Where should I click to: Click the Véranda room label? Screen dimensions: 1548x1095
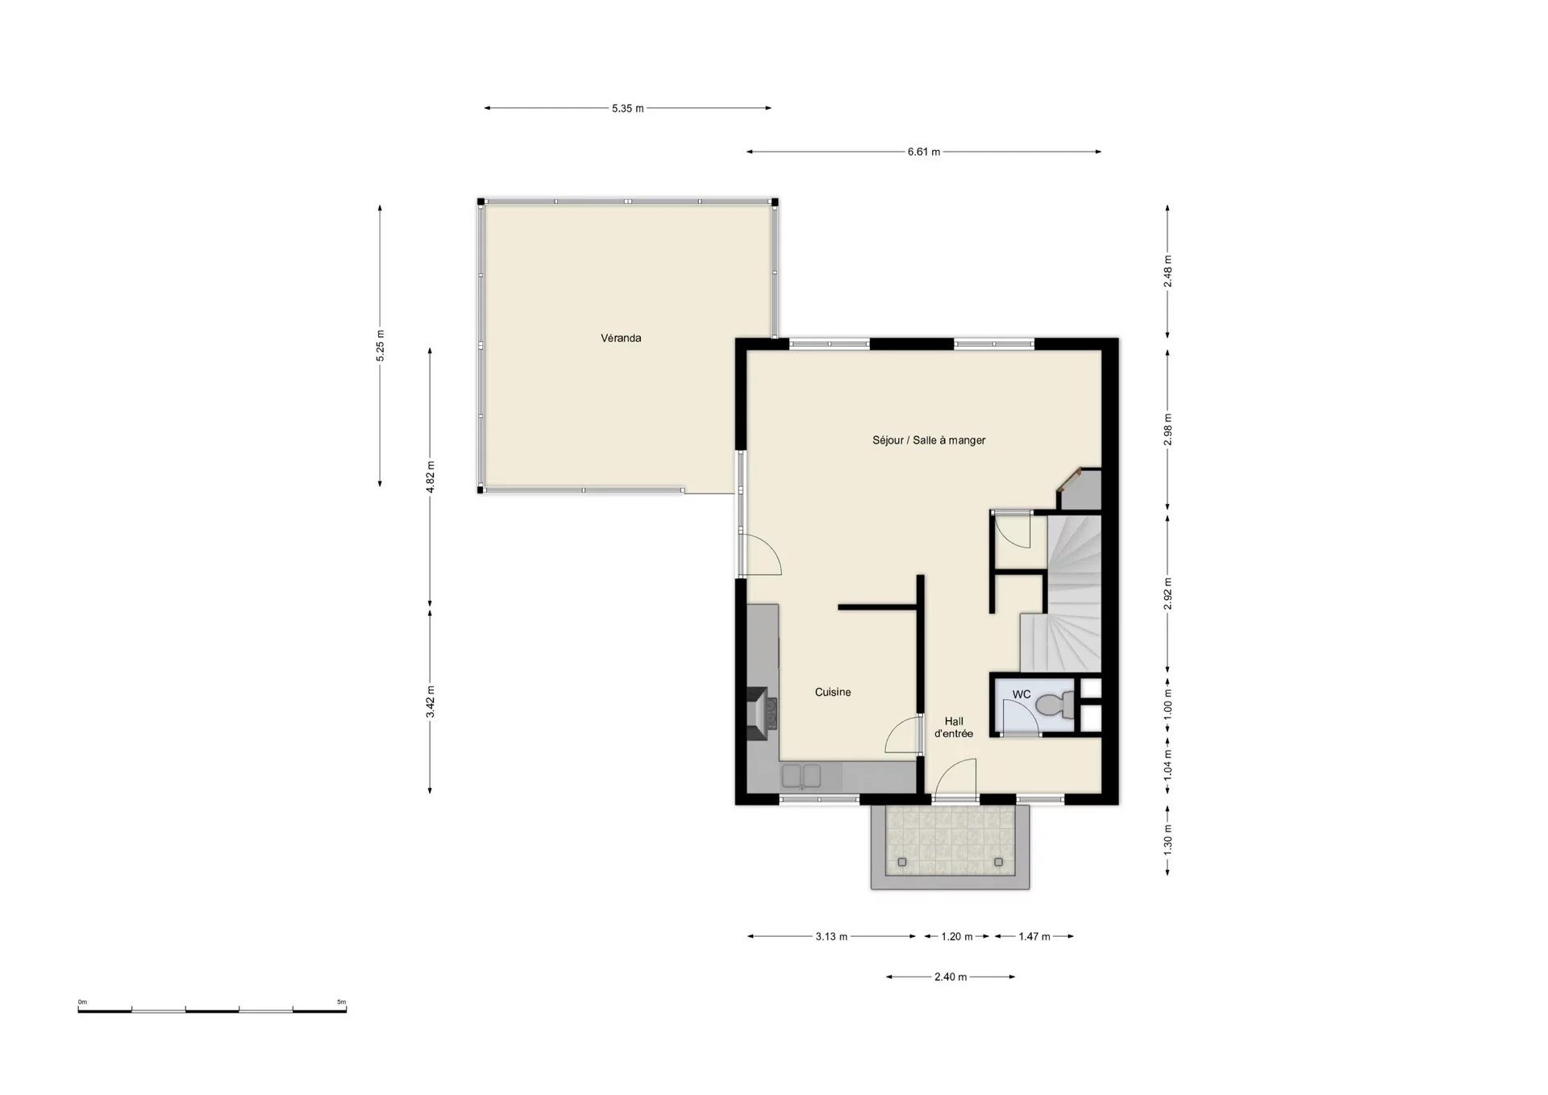[x=621, y=338]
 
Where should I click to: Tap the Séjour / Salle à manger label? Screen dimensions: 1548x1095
[x=929, y=440]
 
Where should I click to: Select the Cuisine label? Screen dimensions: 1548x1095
[x=833, y=692]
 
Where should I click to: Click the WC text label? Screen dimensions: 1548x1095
[x=1022, y=694]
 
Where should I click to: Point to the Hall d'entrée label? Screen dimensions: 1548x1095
[x=954, y=727]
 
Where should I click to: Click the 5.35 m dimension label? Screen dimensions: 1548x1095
[x=627, y=108]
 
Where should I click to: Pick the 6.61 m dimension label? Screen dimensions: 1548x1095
[x=924, y=152]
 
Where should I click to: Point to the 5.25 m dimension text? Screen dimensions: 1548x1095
[x=381, y=345]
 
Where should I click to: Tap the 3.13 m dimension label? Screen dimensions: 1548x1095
[x=831, y=937]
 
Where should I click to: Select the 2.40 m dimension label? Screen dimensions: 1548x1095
[x=951, y=977]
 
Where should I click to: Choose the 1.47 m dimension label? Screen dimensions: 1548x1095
[x=1034, y=937]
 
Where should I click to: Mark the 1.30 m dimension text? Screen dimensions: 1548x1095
[x=1168, y=840]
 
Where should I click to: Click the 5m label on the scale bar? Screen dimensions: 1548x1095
[x=342, y=1002]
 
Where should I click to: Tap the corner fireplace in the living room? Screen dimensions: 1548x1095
[x=1079, y=489]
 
